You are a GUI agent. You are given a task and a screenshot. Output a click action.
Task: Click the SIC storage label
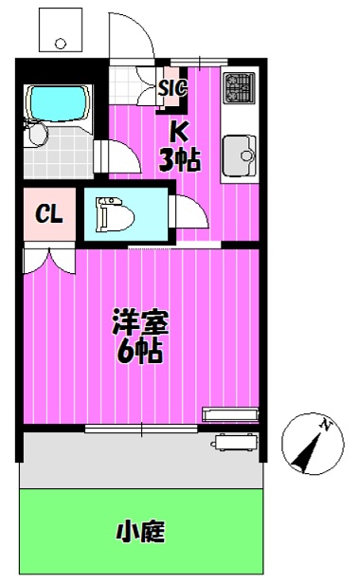[x=171, y=88]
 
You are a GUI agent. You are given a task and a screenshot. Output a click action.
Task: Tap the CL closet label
[x=48, y=214]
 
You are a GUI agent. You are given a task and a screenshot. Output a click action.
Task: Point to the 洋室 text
[x=141, y=322]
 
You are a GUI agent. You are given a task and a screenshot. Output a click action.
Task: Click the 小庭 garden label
[x=141, y=532]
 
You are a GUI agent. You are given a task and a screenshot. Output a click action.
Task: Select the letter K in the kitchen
[x=178, y=131]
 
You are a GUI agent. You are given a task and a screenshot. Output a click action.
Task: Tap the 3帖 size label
[x=180, y=159]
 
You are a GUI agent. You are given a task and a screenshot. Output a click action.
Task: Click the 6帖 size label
[x=139, y=351]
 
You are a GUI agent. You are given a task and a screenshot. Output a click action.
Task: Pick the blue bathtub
[x=59, y=103]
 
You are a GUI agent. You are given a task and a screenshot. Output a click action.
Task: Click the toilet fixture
[x=115, y=214]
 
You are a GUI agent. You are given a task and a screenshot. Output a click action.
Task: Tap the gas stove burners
[x=239, y=88]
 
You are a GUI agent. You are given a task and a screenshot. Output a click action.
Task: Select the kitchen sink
[x=240, y=155]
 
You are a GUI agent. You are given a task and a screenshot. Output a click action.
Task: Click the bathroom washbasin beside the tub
[x=36, y=134]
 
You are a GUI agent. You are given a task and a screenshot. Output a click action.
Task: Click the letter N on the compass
[x=327, y=426]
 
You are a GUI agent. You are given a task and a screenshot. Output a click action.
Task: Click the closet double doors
[x=49, y=262]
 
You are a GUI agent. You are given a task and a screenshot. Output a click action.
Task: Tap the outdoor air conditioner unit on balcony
[x=235, y=442]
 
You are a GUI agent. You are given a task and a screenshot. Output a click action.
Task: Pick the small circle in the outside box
[x=61, y=44]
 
